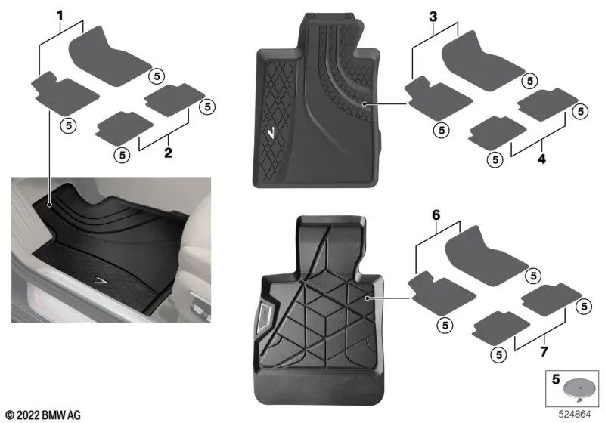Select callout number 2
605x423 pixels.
pyautogui.click(x=168, y=153)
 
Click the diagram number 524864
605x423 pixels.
pyautogui.click(x=576, y=415)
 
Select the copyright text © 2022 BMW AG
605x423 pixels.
pyautogui.click(x=43, y=415)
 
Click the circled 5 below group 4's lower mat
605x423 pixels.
pyautogui.click(x=495, y=159)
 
